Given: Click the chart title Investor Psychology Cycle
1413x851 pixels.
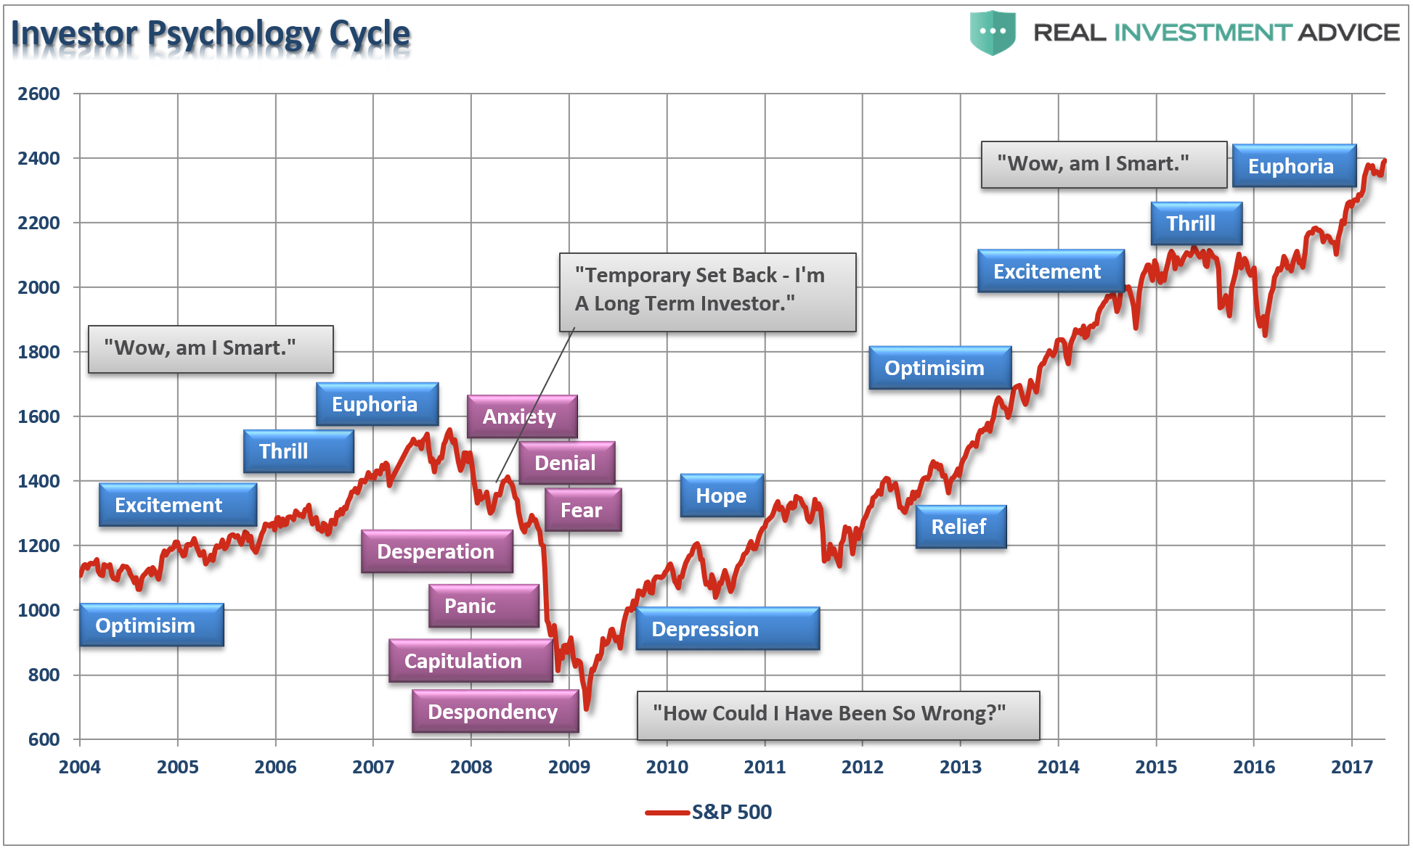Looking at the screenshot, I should click(x=211, y=34).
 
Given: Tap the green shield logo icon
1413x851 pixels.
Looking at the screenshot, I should click(x=992, y=33).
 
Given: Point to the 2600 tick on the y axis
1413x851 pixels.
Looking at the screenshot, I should click(x=39, y=94).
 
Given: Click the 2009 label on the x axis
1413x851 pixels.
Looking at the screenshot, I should click(x=569, y=767).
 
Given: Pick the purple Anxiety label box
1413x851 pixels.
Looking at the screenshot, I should click(x=521, y=416).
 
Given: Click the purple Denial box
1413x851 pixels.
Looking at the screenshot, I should click(x=566, y=463).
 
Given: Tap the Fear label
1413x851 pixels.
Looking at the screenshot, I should click(x=582, y=510).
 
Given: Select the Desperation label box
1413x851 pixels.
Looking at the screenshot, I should click(x=436, y=551).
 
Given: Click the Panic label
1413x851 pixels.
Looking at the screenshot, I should click(x=484, y=606).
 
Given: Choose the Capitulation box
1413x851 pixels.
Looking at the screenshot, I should click(x=470, y=661).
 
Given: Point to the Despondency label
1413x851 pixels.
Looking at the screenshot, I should click(x=494, y=712).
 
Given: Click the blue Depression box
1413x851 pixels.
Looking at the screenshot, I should click(x=727, y=629).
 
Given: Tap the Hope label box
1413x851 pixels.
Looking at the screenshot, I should click(x=721, y=496).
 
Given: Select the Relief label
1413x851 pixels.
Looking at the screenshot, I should click(x=960, y=527).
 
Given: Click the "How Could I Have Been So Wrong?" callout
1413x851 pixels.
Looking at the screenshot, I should click(x=837, y=715).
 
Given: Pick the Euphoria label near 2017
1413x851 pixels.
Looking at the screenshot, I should click(x=1293, y=166).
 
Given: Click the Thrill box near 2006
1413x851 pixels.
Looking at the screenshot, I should click(x=298, y=451).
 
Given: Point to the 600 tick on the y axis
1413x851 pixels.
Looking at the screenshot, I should click(x=44, y=739).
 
